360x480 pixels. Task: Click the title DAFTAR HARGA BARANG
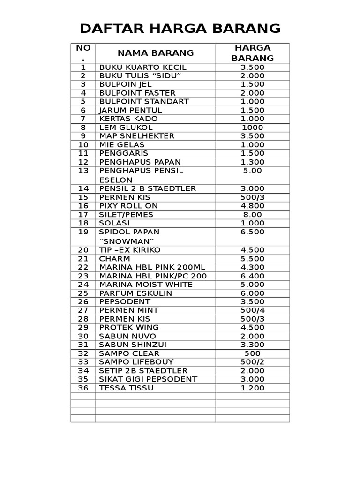click(x=180, y=29)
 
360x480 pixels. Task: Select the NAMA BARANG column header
click(x=156, y=52)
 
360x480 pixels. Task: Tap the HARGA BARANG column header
click(x=253, y=52)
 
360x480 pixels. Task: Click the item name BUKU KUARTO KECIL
click(x=142, y=67)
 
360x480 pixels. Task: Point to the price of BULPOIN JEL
click(x=253, y=84)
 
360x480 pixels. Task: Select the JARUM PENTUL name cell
click(x=130, y=110)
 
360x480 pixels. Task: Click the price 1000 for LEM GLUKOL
click(x=253, y=127)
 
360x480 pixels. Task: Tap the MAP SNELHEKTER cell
click(x=136, y=136)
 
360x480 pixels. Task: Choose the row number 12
click(x=83, y=162)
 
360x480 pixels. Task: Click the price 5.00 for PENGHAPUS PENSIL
click(x=253, y=171)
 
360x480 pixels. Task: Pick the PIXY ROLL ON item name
click(x=128, y=206)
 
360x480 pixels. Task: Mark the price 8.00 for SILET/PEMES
click(x=253, y=214)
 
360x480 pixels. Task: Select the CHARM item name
click(x=114, y=258)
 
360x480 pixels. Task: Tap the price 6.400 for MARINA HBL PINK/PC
click(x=253, y=276)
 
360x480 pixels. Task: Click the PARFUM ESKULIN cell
click(x=135, y=293)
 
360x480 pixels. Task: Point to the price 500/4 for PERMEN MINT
click(x=253, y=310)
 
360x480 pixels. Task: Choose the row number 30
click(x=83, y=336)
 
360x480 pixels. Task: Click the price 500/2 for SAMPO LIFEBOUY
click(x=253, y=362)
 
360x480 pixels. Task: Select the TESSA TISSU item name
click(x=126, y=388)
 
